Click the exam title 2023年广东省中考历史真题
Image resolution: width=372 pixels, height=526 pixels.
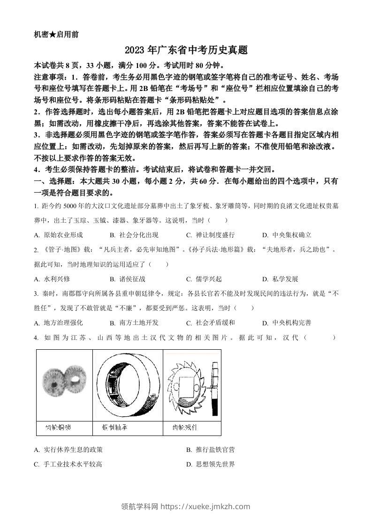click(x=186, y=50)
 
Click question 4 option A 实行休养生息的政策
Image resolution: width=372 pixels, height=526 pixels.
click(x=68, y=450)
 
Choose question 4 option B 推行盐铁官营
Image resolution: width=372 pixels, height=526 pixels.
click(x=210, y=450)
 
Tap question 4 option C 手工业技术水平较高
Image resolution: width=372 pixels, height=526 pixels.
click(x=68, y=464)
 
